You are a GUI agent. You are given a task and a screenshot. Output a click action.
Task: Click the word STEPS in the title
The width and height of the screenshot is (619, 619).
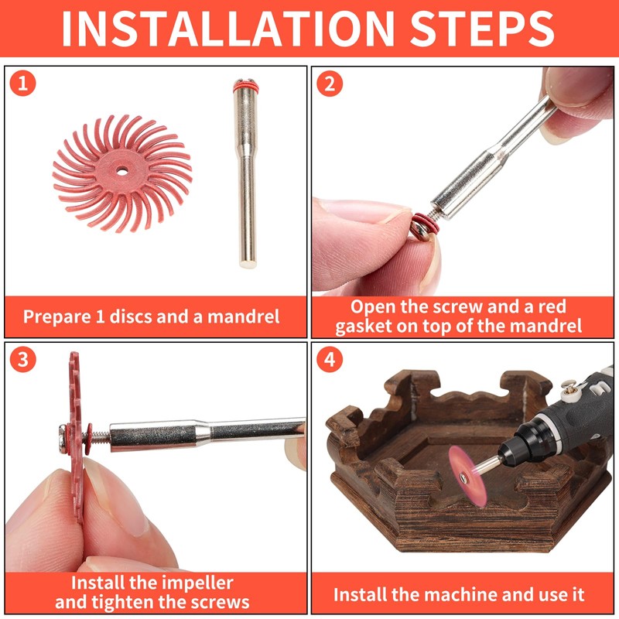tap(482, 29)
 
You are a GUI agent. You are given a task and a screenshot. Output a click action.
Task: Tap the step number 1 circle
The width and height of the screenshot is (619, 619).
tap(23, 84)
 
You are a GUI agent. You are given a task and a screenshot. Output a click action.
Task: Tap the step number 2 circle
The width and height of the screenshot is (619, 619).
tap(330, 84)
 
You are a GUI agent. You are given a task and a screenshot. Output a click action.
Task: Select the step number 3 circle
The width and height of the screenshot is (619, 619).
tap(23, 359)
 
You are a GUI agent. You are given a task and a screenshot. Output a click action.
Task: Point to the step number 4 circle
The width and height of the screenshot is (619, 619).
tap(330, 359)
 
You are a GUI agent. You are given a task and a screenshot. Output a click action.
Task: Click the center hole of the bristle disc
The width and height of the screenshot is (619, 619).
tap(121, 171)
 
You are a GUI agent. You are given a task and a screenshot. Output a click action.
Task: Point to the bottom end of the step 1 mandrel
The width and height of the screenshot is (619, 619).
tap(248, 265)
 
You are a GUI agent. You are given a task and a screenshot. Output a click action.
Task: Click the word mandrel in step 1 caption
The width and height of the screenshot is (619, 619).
tap(244, 316)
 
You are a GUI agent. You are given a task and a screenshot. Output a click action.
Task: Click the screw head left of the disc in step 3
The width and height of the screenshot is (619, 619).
tap(63, 438)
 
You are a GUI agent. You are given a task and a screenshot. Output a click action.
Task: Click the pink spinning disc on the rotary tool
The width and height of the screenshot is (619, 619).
tap(467, 477)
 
